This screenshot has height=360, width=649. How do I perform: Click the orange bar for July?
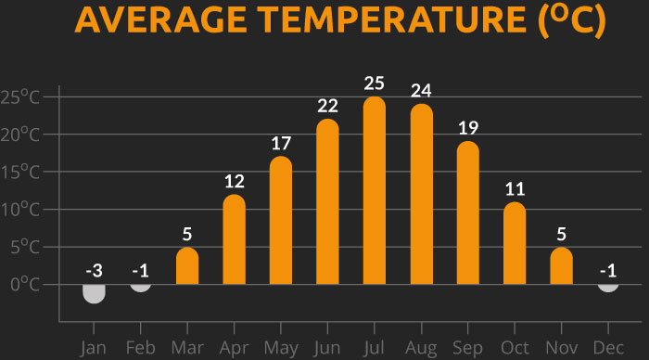pos(375,190)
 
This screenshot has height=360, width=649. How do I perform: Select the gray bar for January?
pos(94,293)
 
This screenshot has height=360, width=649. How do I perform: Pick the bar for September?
pos(468,212)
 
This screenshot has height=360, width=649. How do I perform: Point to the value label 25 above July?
pos(375,84)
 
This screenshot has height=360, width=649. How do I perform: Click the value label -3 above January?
pos(94,270)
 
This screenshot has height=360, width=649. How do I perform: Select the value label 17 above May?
pos(281,144)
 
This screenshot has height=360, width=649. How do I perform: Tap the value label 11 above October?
pos(515,189)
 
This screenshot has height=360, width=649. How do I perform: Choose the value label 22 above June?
pos(327,106)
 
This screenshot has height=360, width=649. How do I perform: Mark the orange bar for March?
pos(187,266)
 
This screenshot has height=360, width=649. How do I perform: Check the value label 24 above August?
pos(421,91)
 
